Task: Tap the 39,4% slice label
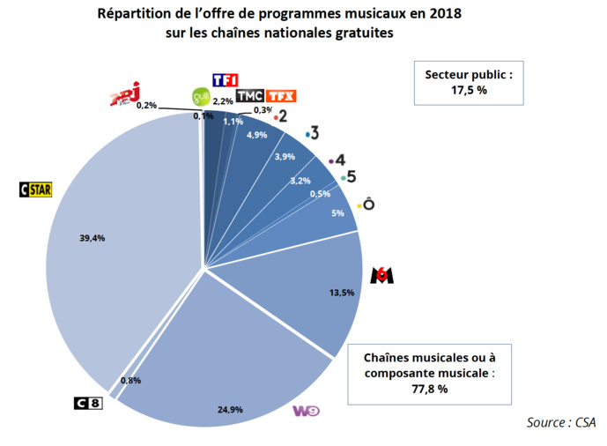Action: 92,238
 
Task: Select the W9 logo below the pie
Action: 305,411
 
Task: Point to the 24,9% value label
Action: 230,409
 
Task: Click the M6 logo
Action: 381,275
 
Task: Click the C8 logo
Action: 88,404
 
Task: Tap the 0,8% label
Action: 130,381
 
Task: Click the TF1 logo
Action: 226,80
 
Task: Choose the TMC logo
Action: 249,96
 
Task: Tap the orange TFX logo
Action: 281,96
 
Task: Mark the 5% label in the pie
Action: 337,213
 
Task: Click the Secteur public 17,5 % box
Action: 468,81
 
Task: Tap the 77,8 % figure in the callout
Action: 430,388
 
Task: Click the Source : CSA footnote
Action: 560,422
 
